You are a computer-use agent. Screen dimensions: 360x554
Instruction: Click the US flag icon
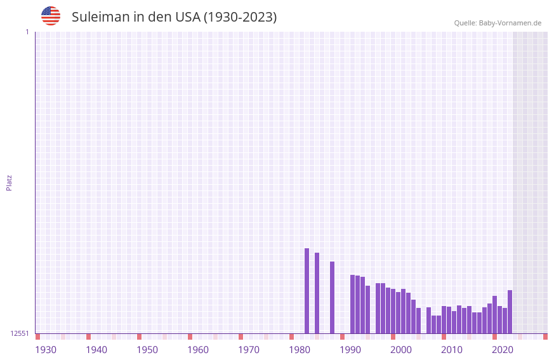[51, 16]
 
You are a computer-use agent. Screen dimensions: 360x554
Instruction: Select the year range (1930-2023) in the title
[240, 17]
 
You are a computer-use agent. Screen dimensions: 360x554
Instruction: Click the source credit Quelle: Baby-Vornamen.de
[498, 23]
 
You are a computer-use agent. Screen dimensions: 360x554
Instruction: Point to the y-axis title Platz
[9, 182]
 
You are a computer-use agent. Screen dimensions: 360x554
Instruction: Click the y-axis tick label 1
[27, 32]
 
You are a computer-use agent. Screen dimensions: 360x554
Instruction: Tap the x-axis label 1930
[46, 350]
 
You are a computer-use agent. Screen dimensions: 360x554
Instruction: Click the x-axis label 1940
[96, 350]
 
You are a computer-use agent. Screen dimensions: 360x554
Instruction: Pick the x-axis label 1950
[147, 350]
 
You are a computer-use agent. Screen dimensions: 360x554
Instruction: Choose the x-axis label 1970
[249, 350]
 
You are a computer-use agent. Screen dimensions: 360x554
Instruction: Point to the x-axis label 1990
[350, 350]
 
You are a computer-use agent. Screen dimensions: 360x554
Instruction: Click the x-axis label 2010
[452, 350]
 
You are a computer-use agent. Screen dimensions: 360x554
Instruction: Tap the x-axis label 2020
[503, 350]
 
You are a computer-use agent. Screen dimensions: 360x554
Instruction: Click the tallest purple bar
[307, 291]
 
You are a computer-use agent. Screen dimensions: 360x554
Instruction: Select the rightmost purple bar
[510, 312]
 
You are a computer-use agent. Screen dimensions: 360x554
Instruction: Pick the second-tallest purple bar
[317, 293]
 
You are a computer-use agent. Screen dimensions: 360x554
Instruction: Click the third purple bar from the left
[332, 297]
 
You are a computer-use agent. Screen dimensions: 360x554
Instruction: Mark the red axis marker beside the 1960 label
[190, 337]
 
